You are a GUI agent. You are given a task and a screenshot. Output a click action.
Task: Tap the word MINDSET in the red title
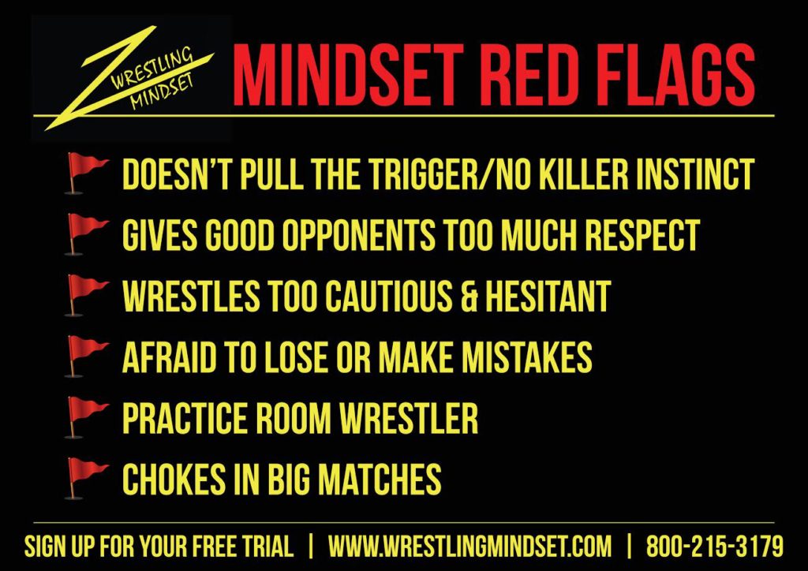click(x=349, y=75)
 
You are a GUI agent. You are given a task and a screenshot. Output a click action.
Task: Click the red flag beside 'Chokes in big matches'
click(x=86, y=478)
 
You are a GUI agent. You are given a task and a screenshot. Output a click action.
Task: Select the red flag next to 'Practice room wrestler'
click(x=86, y=417)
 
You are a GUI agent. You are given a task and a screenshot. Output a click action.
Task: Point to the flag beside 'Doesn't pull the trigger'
click(x=86, y=173)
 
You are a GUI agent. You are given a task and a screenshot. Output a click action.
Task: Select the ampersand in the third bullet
click(x=469, y=296)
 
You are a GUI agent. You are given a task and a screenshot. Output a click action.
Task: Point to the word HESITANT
click(x=548, y=296)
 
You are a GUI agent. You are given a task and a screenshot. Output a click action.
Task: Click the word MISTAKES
click(x=526, y=356)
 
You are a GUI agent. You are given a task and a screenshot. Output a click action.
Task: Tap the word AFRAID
click(x=170, y=356)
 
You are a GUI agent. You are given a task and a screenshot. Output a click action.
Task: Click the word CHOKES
click(x=174, y=479)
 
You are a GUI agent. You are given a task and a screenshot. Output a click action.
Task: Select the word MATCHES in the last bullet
click(x=380, y=479)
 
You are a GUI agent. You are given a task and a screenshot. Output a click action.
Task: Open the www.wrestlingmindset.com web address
click(x=469, y=547)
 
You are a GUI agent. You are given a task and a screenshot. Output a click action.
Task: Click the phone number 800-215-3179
click(x=715, y=547)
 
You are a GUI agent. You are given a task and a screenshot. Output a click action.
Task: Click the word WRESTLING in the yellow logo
click(x=152, y=67)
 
